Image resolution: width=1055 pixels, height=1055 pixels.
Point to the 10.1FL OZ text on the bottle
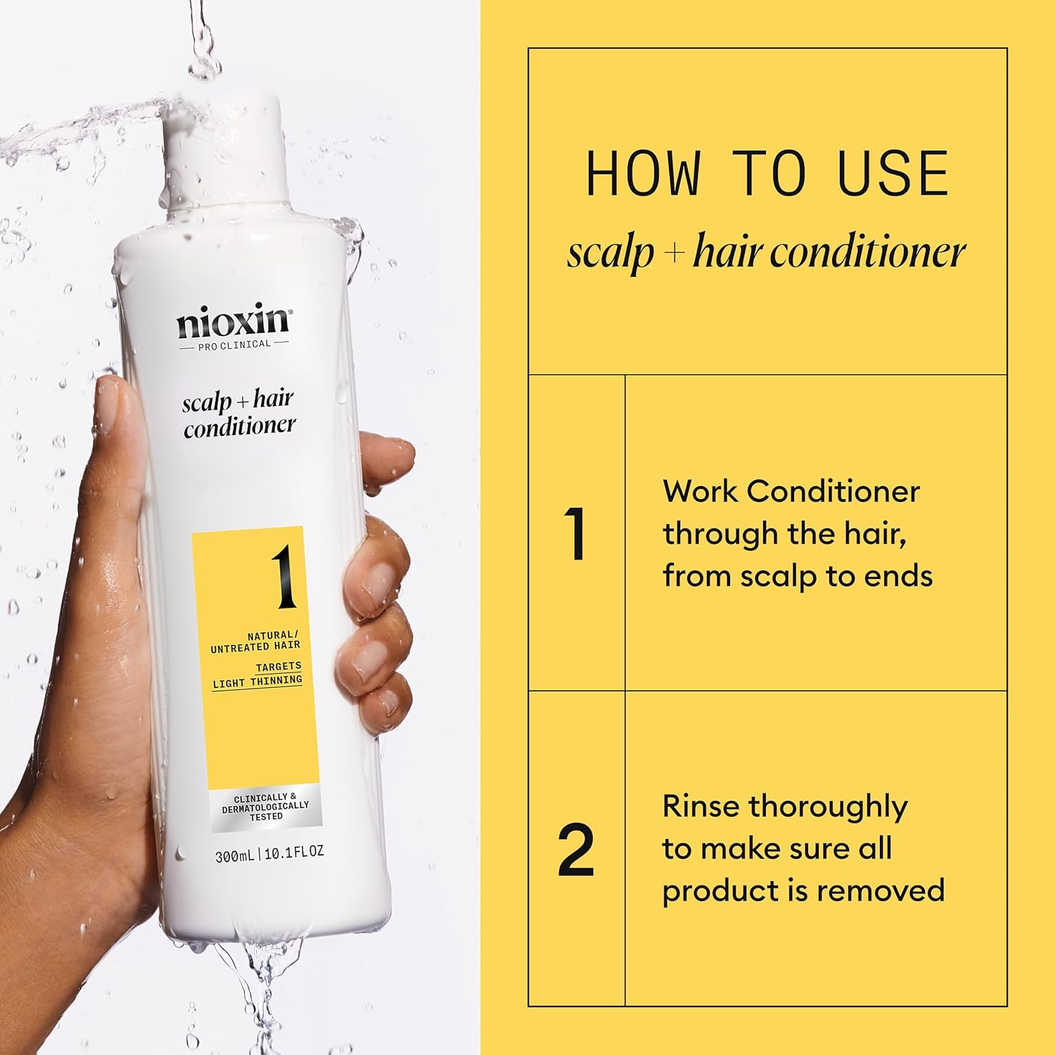pyautogui.click(x=294, y=852)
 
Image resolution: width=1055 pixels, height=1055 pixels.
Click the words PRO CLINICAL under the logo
pyautogui.click(x=234, y=345)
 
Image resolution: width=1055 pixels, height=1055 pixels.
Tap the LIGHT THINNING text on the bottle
pyautogui.click(x=257, y=682)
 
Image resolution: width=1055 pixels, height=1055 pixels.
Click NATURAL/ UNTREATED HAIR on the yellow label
pyautogui.click(x=256, y=641)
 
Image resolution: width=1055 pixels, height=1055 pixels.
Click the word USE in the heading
pyautogui.click(x=893, y=174)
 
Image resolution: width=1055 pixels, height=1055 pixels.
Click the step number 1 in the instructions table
pyautogui.click(x=576, y=534)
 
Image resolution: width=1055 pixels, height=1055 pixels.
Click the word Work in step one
pyautogui.click(x=700, y=491)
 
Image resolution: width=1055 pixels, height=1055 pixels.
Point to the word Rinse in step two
pyautogui.click(x=701, y=806)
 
